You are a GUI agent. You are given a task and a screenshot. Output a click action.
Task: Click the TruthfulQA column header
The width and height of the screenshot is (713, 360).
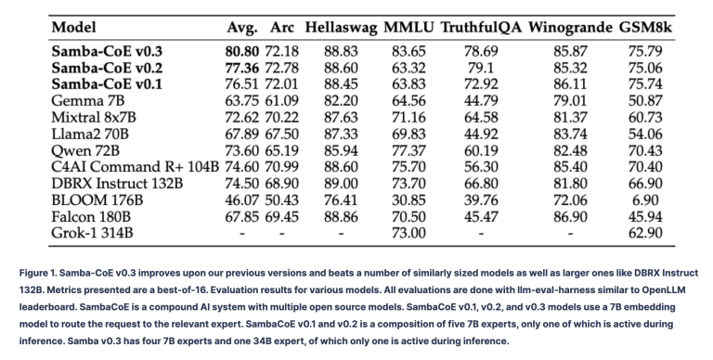tap(481, 27)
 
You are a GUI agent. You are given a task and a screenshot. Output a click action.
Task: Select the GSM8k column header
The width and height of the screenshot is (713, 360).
tap(645, 27)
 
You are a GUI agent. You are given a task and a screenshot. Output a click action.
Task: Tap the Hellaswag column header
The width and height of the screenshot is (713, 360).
tap(341, 28)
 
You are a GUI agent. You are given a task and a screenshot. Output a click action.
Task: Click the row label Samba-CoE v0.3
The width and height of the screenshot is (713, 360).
tap(107, 51)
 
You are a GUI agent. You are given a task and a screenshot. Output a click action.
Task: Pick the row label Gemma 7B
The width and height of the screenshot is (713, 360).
tap(88, 100)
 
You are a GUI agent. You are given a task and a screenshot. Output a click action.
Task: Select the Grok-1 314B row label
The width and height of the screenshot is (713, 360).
tap(92, 233)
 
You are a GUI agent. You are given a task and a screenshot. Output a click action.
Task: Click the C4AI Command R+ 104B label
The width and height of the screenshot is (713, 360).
tap(135, 167)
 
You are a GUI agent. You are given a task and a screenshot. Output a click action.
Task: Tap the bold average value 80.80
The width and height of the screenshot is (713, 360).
tap(242, 51)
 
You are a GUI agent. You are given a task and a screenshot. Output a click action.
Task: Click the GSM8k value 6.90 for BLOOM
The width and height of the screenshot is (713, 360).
tap(645, 200)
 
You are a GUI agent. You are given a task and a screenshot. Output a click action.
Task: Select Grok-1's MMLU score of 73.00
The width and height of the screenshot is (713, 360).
tap(408, 233)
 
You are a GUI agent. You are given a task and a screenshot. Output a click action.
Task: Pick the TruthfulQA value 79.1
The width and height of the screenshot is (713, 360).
tap(481, 68)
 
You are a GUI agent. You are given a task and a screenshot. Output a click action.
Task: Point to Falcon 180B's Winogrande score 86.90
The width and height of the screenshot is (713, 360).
tap(570, 216)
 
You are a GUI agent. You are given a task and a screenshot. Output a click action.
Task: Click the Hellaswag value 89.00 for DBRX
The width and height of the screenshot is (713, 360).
tap(341, 184)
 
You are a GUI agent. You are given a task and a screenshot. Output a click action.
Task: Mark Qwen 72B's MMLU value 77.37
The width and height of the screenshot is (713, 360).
tap(408, 150)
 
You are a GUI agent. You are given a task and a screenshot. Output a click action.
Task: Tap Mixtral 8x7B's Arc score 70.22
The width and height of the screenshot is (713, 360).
tap(282, 117)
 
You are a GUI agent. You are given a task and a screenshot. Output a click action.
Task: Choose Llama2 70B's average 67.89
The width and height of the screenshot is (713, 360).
tap(242, 135)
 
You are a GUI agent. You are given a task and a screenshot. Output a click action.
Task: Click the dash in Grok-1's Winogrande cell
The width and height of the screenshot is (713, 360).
tap(570, 234)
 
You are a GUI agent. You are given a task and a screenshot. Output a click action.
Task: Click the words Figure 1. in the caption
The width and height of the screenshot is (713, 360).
tap(38, 273)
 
